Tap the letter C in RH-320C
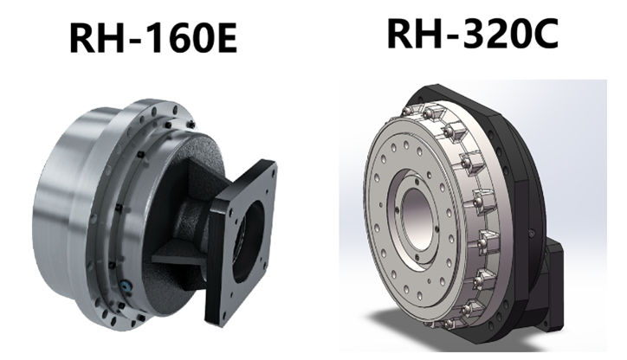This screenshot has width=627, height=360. point(545,35)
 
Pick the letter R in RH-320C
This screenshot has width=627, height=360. point(400,35)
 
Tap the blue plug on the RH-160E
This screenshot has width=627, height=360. point(126,285)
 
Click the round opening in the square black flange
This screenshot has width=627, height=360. point(249,240)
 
